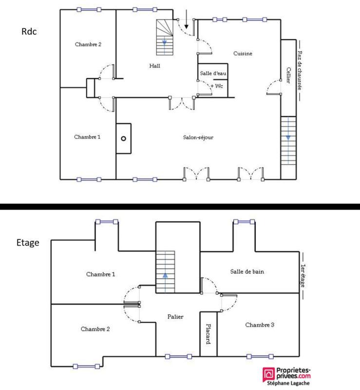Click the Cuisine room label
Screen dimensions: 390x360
pos(243,54)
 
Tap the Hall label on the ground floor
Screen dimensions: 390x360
pos(155,66)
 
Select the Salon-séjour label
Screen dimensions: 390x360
pos(198,137)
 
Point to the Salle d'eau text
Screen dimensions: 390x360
pos(213,73)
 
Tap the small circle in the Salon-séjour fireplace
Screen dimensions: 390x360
pos(124,138)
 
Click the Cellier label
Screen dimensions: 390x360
pos(289,76)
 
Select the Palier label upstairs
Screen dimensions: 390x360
pos(175,317)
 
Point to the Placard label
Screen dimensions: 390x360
pos(208,334)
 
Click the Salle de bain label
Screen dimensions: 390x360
pos(247,272)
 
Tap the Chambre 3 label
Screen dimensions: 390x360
pos(259,325)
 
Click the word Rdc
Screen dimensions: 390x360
pos(29,31)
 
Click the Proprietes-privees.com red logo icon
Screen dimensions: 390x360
pos(268,374)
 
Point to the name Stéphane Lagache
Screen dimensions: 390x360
pos(286,384)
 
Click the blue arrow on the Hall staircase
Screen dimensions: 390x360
pos(165,42)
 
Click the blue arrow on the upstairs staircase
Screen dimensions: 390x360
pos(165,275)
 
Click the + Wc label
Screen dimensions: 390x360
pos(216,86)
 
